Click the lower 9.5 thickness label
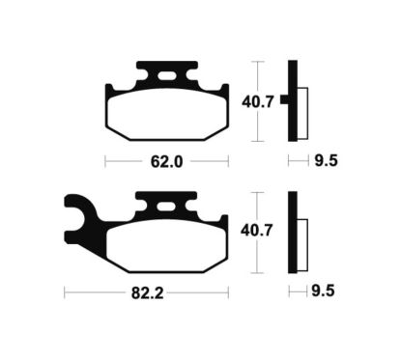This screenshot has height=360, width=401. click(x=324, y=290)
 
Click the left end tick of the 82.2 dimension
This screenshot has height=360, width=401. click(x=64, y=289)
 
